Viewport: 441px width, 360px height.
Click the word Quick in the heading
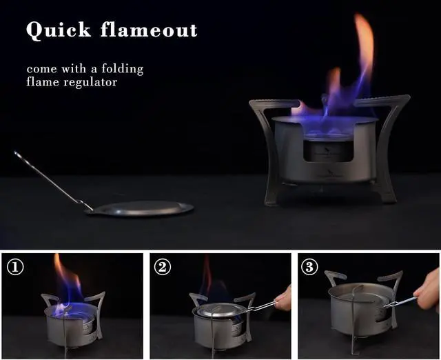click(59, 30)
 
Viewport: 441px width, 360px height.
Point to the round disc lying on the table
click(141, 208)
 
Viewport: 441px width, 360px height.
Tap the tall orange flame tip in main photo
click(363, 41)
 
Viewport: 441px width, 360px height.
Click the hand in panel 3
click(429, 290)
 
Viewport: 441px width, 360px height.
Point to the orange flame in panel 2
click(206, 276)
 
